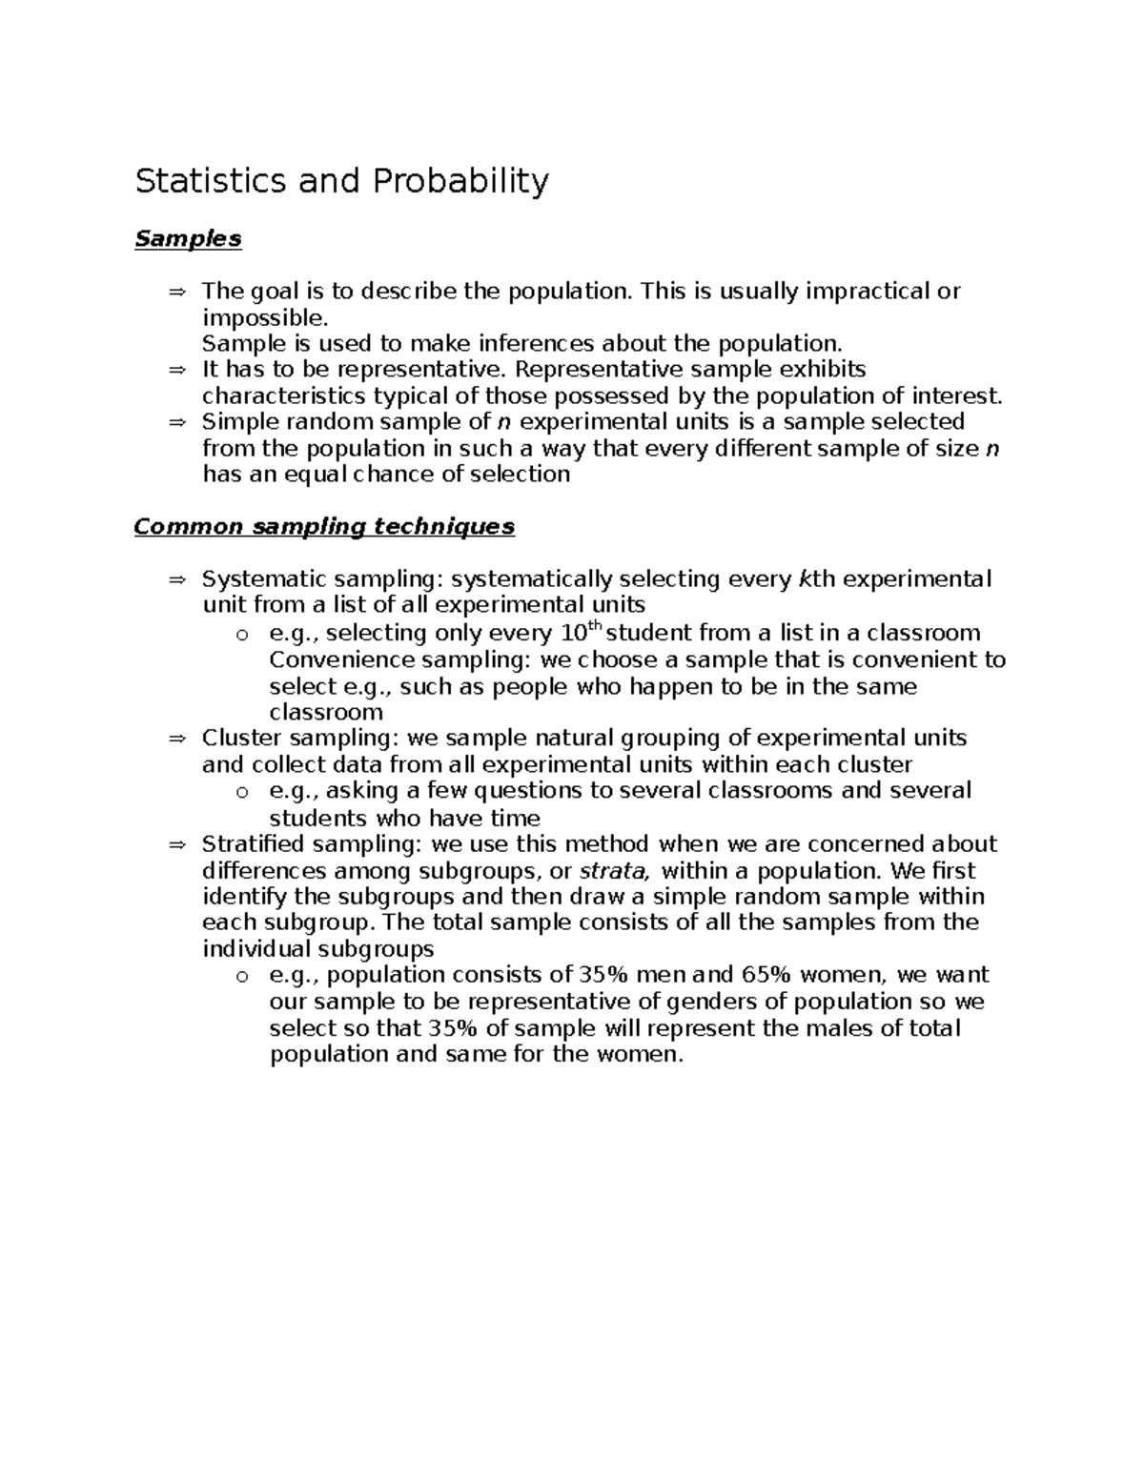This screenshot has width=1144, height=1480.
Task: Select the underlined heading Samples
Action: click(x=188, y=238)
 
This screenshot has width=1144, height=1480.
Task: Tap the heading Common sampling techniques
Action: click(x=324, y=526)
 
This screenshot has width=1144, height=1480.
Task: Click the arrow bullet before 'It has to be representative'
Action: click(x=177, y=370)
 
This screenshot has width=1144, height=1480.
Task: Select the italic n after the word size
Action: click(x=991, y=448)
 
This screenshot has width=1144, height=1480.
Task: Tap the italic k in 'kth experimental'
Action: click(x=804, y=578)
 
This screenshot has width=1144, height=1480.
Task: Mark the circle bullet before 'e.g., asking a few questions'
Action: click(x=242, y=791)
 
